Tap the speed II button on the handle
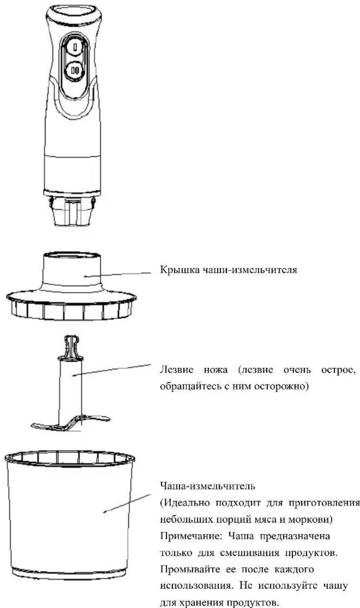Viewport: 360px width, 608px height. pos(75,71)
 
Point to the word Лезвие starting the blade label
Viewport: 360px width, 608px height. pos(177,370)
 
